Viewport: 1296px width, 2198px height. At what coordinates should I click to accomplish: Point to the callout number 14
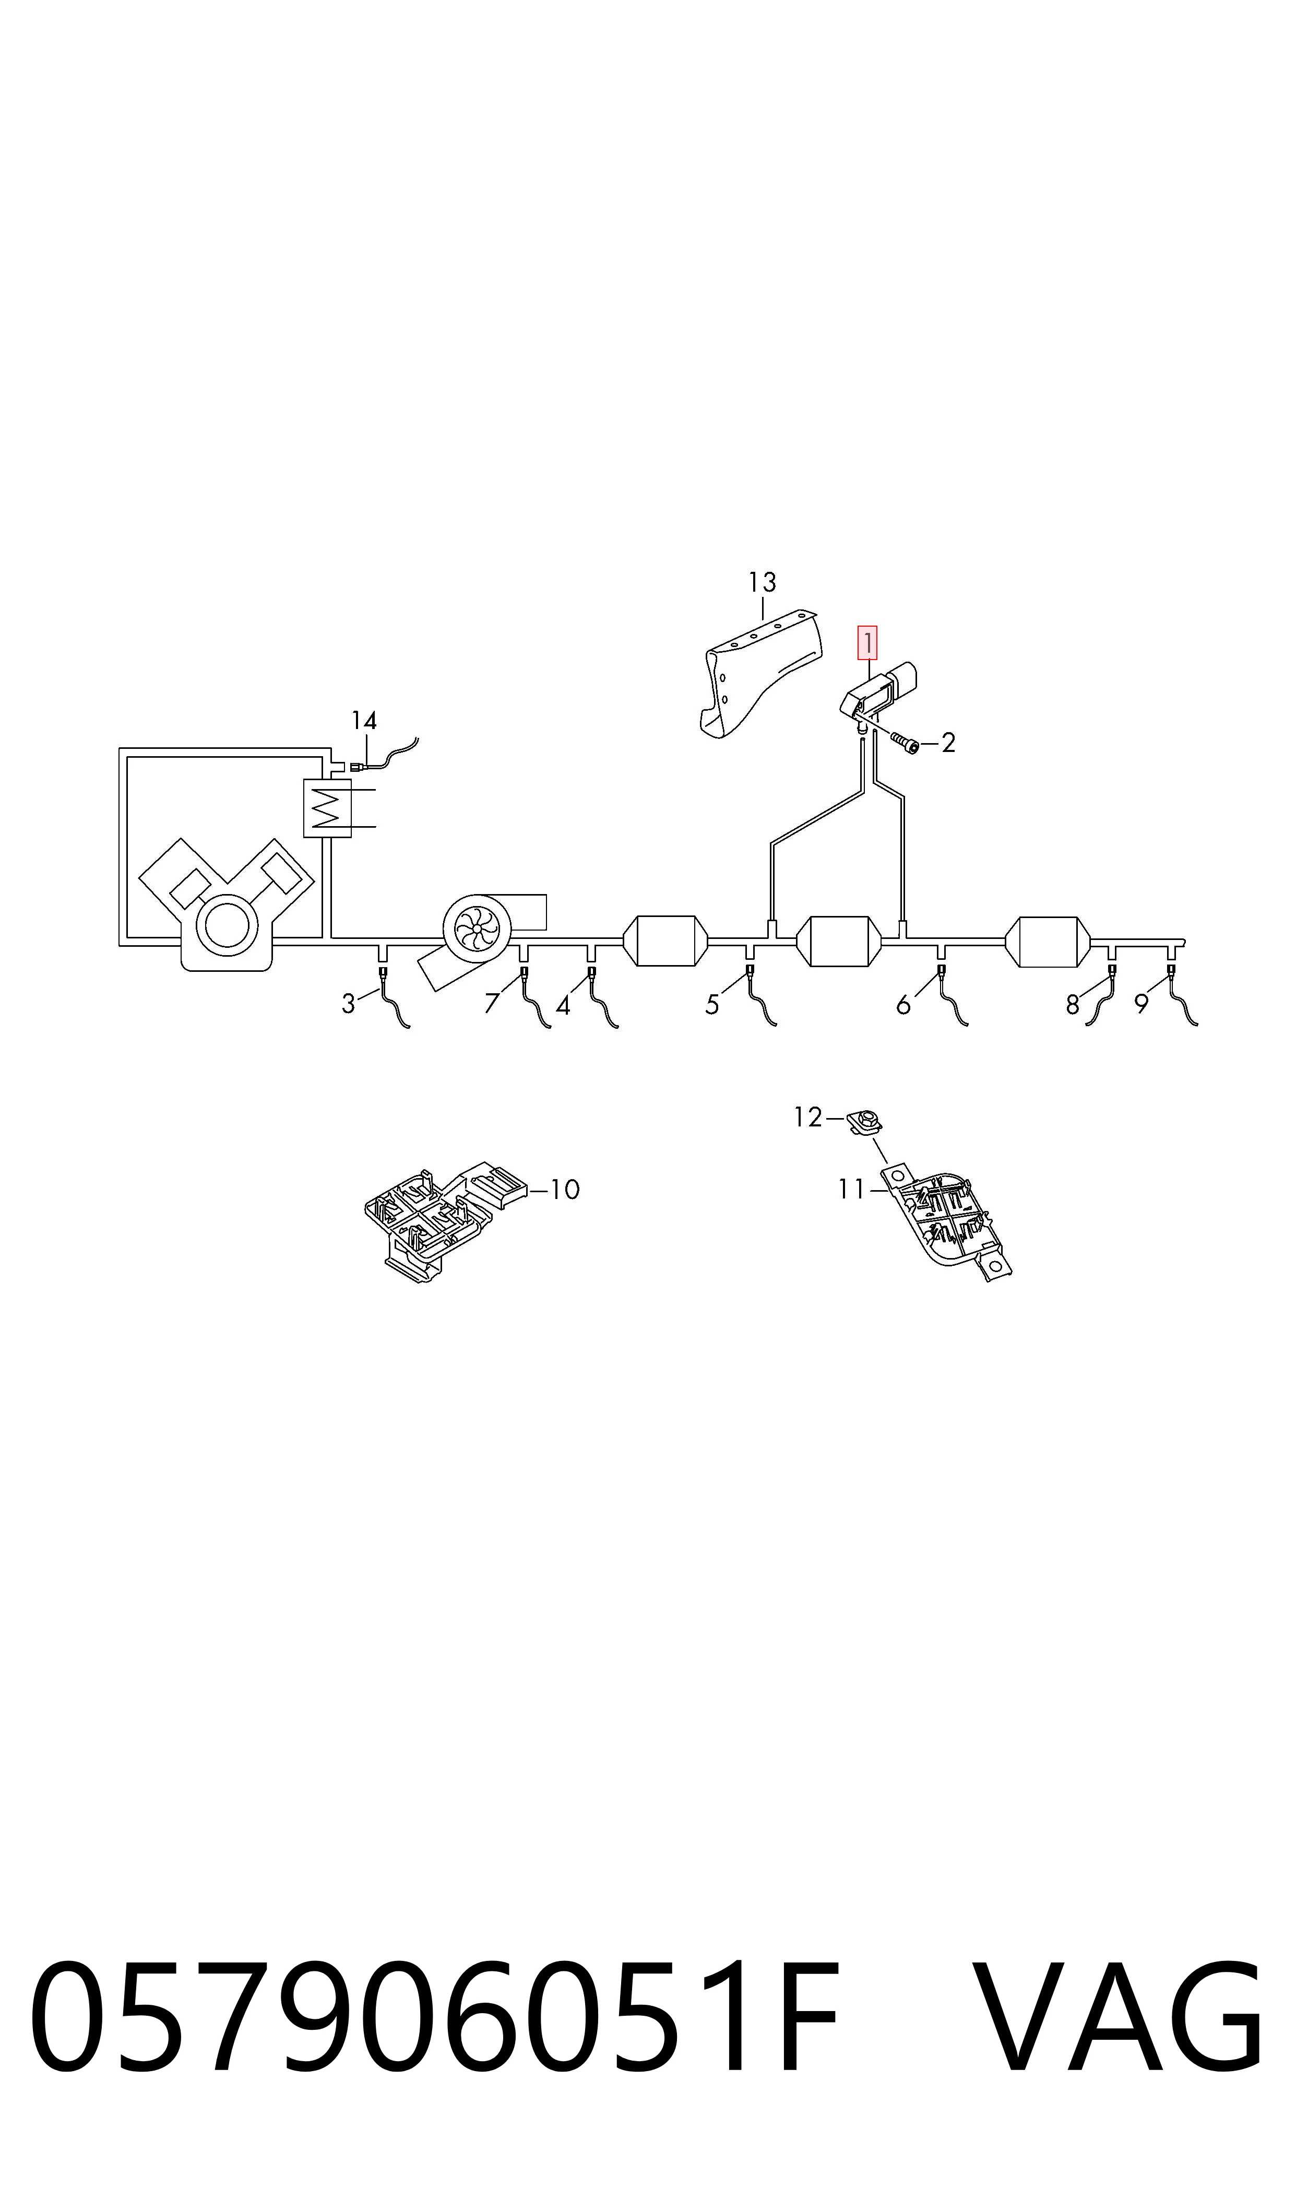[364, 721]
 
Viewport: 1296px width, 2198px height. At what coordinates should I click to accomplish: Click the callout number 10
[565, 1189]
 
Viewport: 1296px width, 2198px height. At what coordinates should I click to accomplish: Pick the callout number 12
[808, 1118]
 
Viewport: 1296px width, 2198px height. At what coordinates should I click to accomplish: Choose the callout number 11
[851, 1189]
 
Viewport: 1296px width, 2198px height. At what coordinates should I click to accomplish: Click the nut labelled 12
[864, 1120]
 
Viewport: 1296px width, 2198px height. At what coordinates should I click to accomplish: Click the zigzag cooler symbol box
[327, 808]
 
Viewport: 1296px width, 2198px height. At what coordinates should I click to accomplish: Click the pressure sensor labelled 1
[878, 695]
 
